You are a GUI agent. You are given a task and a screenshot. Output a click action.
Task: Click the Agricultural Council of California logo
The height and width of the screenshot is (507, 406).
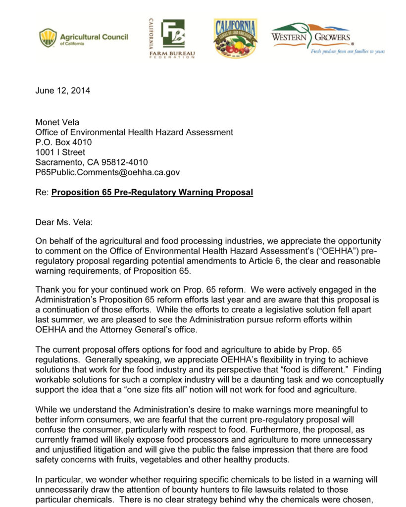point(83,38)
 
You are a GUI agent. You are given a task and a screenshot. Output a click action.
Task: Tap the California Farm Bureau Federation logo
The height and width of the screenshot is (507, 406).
point(172,39)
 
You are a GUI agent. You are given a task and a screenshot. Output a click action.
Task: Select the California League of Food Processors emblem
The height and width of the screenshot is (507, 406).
point(235,38)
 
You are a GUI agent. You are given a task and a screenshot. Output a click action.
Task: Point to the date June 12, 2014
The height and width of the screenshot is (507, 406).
point(63,91)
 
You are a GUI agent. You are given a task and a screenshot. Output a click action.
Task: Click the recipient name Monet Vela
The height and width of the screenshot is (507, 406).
point(57,122)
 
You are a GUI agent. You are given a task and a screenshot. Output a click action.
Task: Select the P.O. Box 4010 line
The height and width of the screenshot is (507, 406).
point(63,142)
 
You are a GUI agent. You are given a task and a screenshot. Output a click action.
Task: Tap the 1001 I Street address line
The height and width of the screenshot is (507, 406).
point(60,152)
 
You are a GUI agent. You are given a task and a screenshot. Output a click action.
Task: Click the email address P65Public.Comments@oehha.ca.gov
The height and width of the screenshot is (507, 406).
point(107,172)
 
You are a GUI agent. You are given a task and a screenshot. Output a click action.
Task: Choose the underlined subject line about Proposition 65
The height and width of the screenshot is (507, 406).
point(152,192)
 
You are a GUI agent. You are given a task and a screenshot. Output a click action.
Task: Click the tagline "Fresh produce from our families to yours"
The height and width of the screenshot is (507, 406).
point(348,51)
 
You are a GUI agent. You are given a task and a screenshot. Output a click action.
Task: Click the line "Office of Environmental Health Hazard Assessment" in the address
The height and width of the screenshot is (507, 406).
point(134,132)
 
